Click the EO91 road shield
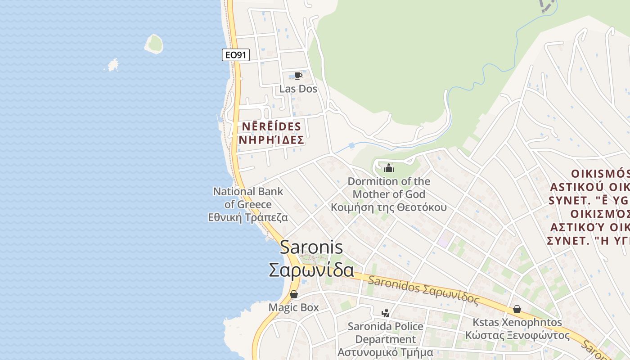(x=236, y=55)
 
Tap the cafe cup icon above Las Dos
(x=297, y=76)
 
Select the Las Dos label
(x=298, y=89)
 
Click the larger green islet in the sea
(x=154, y=44)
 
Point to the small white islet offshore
(x=113, y=65)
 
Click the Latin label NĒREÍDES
(x=271, y=126)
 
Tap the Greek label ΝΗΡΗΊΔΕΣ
(x=271, y=140)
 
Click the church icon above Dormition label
(x=388, y=169)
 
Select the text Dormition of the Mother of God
(x=389, y=188)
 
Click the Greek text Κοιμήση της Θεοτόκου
(x=389, y=207)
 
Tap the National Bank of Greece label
(x=248, y=198)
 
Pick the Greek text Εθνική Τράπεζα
(x=248, y=218)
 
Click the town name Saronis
(x=311, y=247)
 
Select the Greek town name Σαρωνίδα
(x=311, y=270)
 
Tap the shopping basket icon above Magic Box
(x=294, y=295)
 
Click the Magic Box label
(x=293, y=307)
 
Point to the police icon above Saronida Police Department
(x=385, y=313)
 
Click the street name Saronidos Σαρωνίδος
(x=423, y=290)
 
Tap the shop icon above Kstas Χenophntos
(x=517, y=310)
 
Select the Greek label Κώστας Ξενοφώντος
(x=517, y=336)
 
